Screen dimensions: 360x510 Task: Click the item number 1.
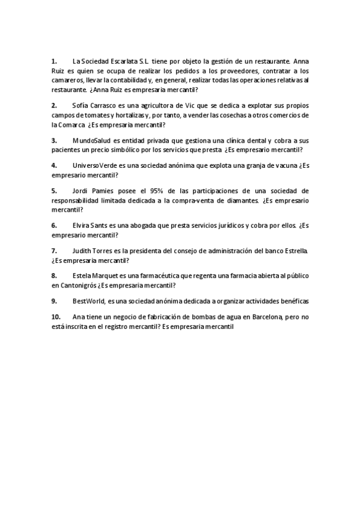pos(53,61)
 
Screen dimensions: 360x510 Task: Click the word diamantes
pos(242,200)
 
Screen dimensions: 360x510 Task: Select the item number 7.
pos(53,250)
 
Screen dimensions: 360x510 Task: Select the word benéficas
pos(291,301)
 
